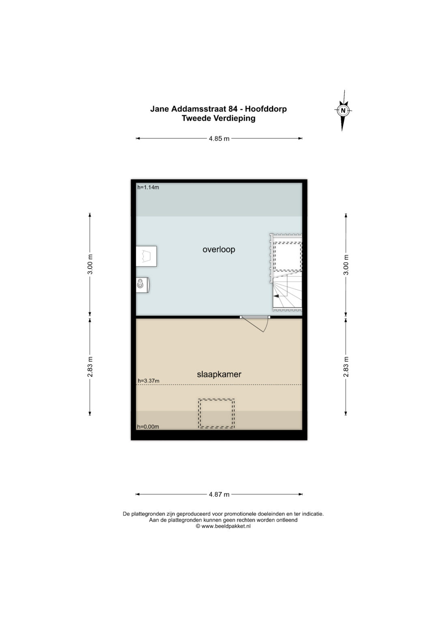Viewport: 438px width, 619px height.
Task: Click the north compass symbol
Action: click(x=343, y=111)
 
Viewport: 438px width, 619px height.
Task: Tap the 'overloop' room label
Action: click(x=219, y=250)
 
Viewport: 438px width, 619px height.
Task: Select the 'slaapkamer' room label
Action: click(x=219, y=375)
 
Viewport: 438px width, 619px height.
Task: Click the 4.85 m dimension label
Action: click(x=219, y=139)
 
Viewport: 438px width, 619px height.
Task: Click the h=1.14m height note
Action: click(x=148, y=187)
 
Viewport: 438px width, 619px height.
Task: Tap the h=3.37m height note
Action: click(x=148, y=381)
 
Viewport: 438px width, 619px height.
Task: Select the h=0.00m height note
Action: click(x=148, y=427)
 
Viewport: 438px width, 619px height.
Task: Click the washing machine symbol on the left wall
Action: click(x=146, y=256)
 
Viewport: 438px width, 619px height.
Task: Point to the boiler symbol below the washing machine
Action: click(x=143, y=285)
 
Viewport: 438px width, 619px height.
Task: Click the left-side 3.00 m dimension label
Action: click(x=90, y=265)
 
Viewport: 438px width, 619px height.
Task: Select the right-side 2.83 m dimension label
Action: click(x=346, y=367)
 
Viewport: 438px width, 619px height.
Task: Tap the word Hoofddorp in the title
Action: click(x=266, y=109)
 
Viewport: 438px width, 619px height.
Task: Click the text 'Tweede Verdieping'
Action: click(x=219, y=118)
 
